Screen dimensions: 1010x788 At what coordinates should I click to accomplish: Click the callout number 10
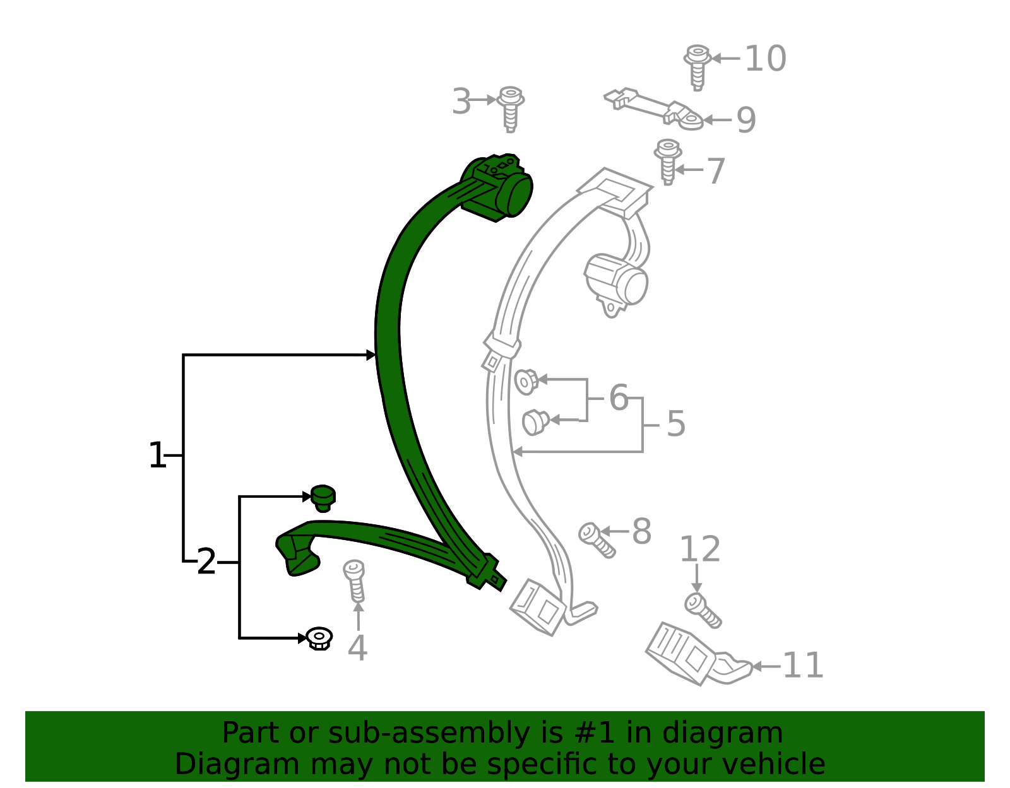766,59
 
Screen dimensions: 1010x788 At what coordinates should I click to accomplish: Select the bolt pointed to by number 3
510,109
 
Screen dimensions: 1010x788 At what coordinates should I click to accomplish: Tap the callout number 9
747,121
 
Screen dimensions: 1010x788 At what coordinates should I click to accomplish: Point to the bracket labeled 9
653,109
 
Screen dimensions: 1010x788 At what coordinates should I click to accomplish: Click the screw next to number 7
668,162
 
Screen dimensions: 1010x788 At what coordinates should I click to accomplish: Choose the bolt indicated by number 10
697,68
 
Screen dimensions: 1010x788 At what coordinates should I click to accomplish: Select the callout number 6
619,398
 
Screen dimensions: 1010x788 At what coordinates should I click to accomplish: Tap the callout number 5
676,424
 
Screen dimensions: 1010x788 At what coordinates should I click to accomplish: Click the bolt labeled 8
597,540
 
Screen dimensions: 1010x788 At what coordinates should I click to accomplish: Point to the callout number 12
700,550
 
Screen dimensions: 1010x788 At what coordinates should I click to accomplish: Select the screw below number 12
703,611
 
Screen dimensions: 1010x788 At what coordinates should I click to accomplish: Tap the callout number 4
357,648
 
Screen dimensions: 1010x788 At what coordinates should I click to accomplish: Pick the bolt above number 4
355,581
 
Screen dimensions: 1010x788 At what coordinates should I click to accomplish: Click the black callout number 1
157,455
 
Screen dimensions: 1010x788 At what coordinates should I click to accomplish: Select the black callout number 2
206,562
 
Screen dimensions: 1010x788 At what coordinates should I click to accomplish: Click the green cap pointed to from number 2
323,498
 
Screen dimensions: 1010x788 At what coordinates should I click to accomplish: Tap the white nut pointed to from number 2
319,639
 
